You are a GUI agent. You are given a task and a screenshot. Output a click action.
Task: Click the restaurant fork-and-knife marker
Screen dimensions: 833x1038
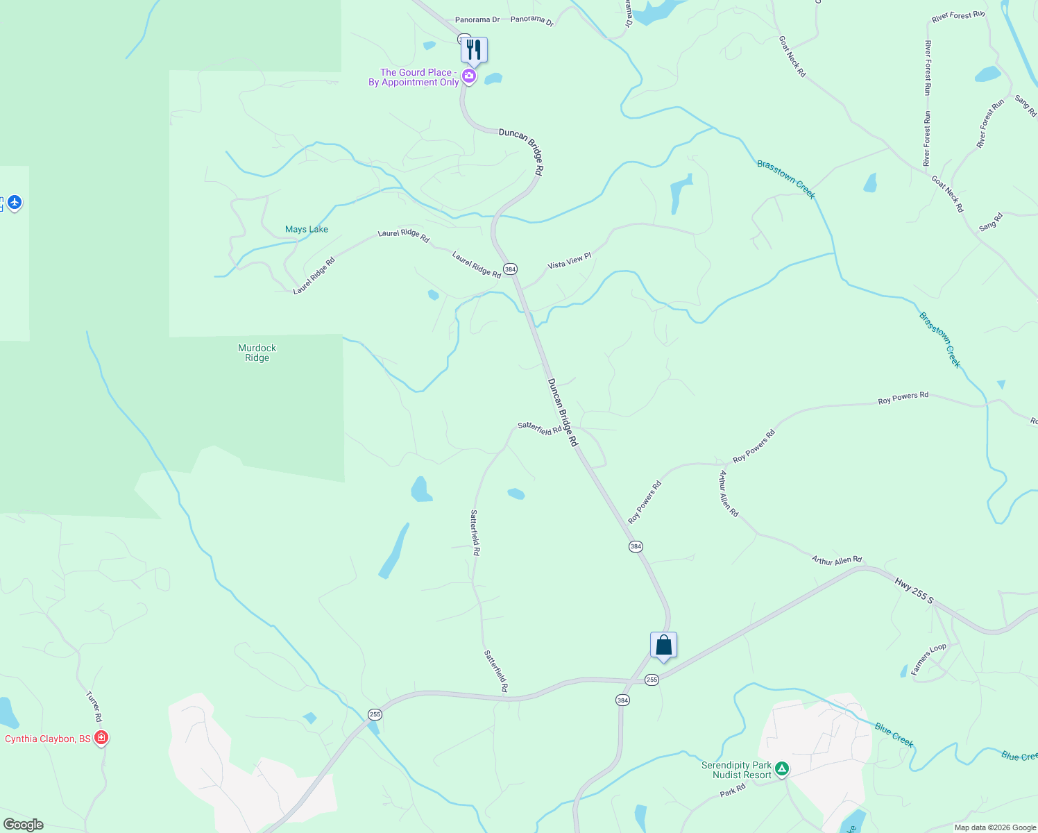point(474,50)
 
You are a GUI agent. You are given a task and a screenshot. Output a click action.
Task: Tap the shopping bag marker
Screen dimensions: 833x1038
point(663,645)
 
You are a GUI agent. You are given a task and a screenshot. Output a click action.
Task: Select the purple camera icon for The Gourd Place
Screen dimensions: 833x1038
point(469,76)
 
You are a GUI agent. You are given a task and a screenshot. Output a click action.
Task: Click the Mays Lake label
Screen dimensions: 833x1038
point(306,229)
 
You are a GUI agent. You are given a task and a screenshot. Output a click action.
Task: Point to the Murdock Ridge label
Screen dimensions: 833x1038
point(257,353)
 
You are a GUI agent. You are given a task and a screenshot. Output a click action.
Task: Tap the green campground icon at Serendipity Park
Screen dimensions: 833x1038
point(782,768)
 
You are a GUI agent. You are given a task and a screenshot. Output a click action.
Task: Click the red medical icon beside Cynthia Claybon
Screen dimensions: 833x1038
point(101,738)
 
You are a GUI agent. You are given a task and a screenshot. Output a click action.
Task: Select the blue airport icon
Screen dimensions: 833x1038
point(15,203)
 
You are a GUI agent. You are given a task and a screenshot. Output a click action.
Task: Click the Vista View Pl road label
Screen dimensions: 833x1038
point(569,261)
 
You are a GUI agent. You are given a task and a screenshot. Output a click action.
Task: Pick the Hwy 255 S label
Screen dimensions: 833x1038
point(914,591)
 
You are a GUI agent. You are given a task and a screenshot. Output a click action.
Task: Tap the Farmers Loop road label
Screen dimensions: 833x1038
point(928,659)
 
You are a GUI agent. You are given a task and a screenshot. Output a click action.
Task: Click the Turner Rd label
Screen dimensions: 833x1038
point(94,706)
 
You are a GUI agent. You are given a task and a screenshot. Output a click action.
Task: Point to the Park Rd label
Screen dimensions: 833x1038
point(732,790)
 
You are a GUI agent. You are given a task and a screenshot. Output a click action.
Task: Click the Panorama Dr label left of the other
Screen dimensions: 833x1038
point(477,20)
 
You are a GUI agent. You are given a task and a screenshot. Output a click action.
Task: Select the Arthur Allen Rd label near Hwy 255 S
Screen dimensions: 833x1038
point(837,560)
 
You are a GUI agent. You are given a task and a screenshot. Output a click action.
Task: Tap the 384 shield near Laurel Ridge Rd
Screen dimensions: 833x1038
point(510,269)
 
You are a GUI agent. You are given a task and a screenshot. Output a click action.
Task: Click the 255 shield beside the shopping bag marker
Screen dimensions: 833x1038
point(652,680)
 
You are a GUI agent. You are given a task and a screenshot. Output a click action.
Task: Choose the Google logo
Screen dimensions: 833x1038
point(23,825)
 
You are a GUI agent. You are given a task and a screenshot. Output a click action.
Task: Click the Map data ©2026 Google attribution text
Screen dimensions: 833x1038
point(995,827)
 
